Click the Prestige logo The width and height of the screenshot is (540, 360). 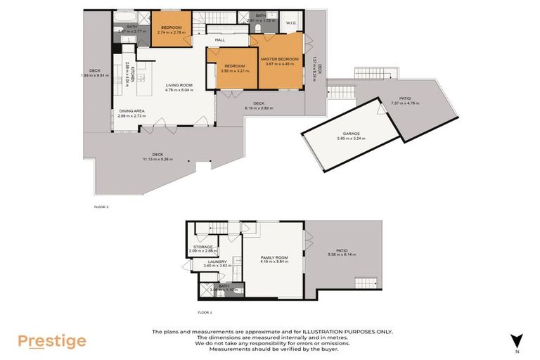[x=52, y=342]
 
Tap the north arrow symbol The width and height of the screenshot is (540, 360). [x=517, y=340]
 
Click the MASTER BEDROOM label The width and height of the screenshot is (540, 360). [x=280, y=59]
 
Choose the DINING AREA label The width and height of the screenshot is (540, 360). [x=131, y=111]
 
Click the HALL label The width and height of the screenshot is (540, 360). [x=219, y=40]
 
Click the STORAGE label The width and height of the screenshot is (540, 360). [x=203, y=246]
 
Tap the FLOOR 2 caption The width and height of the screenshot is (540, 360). [x=101, y=207]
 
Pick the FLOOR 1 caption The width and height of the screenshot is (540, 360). [x=205, y=310]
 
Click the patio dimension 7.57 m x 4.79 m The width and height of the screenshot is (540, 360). [x=404, y=103]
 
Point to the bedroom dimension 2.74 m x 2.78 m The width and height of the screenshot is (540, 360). [x=171, y=32]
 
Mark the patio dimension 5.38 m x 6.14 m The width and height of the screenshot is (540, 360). [x=342, y=254]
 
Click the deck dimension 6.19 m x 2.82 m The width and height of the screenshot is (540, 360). [x=258, y=108]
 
